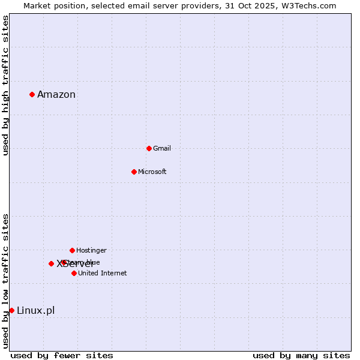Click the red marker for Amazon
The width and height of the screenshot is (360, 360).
click(32, 94)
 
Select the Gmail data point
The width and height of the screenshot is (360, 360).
click(149, 148)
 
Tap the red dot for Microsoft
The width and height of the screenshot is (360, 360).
click(134, 172)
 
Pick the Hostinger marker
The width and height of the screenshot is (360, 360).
click(72, 250)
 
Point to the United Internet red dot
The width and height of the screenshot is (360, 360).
click(74, 273)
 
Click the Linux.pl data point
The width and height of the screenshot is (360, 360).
click(11, 310)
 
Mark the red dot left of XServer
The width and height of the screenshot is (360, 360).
click(51, 263)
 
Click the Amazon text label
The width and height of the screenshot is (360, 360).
click(56, 94)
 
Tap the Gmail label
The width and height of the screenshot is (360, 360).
click(162, 148)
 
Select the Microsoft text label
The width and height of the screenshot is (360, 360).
click(152, 172)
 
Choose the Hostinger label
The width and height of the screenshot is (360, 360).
click(91, 250)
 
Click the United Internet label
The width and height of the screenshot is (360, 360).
click(103, 273)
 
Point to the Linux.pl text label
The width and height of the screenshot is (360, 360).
click(36, 310)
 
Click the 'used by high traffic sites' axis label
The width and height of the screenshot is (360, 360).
click(5, 85)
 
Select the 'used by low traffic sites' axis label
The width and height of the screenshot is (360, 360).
click(5, 280)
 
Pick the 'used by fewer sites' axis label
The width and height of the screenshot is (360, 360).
click(62, 355)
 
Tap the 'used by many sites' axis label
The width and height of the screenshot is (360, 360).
click(301, 355)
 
